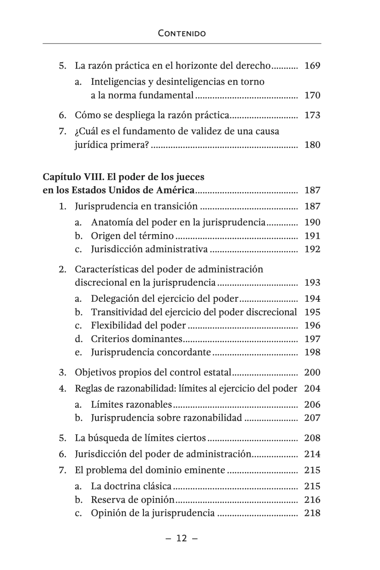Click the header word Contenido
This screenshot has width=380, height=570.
point(182,33)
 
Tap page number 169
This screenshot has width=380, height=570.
point(312,66)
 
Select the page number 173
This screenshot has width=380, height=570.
point(312,115)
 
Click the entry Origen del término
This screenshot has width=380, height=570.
point(132,236)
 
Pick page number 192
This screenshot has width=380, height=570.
point(312,249)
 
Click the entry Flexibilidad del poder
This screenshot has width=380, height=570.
point(138,325)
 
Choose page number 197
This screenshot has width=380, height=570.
point(312,339)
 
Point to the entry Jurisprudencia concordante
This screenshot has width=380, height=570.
point(151,352)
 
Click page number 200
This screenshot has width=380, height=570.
point(312,372)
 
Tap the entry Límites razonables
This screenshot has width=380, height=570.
point(131,404)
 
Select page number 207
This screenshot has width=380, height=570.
point(312,418)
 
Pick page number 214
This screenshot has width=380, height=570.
point(312,454)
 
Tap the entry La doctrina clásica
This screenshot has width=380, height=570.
point(131,486)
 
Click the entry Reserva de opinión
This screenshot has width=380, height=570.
point(132,500)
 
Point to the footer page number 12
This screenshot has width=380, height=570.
point(182,538)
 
